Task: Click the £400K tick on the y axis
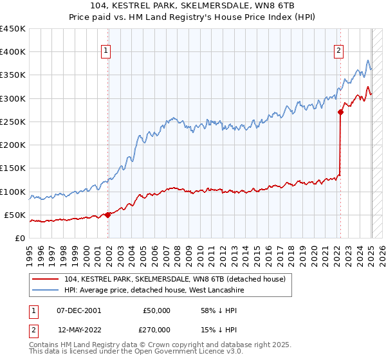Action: (13, 52)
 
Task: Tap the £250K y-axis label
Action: (13, 122)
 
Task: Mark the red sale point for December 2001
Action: (108, 215)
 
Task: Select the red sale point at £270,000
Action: (340, 113)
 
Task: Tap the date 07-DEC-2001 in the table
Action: (78, 310)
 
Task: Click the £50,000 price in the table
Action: (156, 310)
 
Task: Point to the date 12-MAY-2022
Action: (79, 329)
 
